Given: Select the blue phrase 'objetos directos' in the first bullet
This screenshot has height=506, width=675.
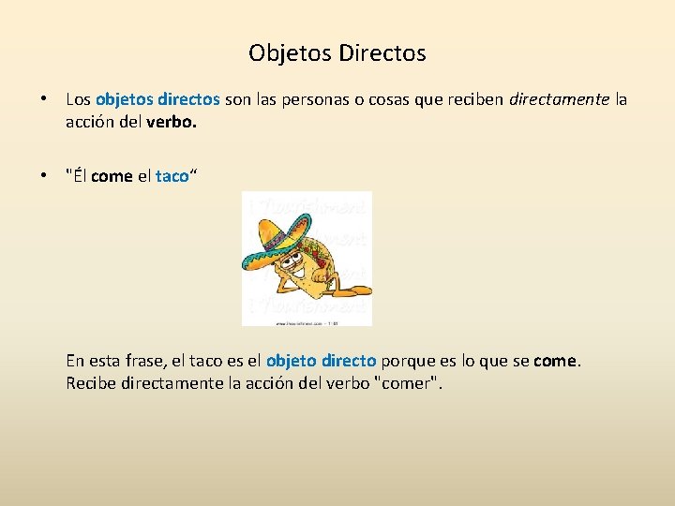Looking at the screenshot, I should tap(157, 99).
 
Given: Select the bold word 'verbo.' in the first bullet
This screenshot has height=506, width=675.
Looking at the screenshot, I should tap(173, 121).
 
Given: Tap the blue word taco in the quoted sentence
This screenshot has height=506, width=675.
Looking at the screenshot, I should tap(172, 176).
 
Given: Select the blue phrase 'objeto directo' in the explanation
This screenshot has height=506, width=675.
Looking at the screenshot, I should tap(322, 361).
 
